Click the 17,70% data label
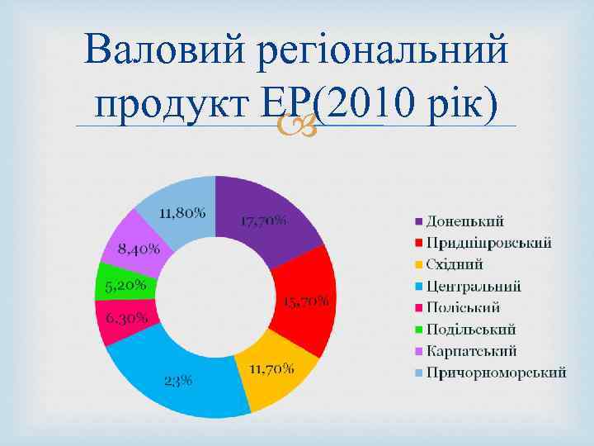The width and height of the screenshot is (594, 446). pyautogui.click(x=264, y=221)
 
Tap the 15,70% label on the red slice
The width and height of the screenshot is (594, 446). pyautogui.click(x=306, y=301)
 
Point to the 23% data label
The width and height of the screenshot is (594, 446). pyautogui.click(x=178, y=381)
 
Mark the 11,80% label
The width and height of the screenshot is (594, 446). pyautogui.click(x=182, y=212)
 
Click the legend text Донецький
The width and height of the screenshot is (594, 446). pyautogui.click(x=464, y=221)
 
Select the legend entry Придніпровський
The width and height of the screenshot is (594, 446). pyautogui.click(x=488, y=243)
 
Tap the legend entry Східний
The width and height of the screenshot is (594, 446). pyautogui.click(x=454, y=264)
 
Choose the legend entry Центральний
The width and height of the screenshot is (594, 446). pyautogui.click(x=473, y=286)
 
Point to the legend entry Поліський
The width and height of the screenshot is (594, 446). pyautogui.click(x=463, y=307)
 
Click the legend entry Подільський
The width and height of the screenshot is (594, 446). pyautogui.click(x=470, y=329)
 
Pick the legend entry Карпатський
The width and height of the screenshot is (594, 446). pyautogui.click(x=470, y=350)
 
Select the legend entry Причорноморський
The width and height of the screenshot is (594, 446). pyautogui.click(x=495, y=372)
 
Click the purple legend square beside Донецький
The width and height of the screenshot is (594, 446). pyautogui.click(x=418, y=221)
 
